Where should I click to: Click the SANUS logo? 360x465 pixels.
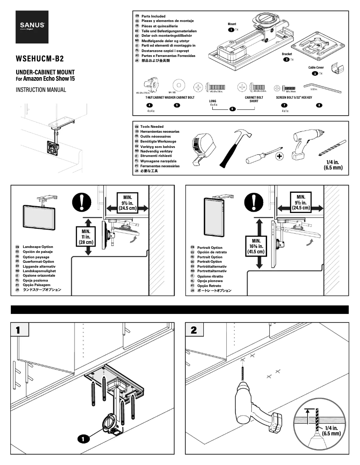[31, 26]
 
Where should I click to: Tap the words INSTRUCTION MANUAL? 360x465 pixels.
[41, 90]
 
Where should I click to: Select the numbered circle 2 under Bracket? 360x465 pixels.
[286, 59]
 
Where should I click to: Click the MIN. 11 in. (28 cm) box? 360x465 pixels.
[88, 235]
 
